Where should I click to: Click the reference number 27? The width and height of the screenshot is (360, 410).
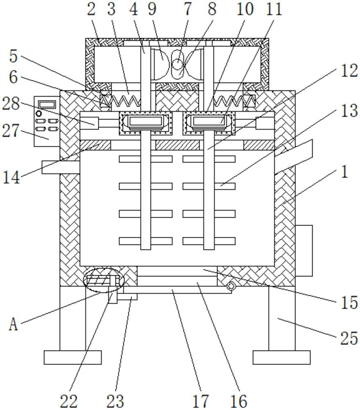(11, 131)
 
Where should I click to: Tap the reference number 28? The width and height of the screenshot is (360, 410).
(11, 104)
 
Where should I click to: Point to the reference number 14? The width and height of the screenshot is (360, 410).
(11, 178)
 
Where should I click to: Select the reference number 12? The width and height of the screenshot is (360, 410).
(349, 71)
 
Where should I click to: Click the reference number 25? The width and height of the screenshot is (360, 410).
(349, 338)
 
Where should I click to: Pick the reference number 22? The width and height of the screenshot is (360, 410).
(69, 401)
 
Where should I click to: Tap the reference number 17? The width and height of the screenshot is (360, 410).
(201, 401)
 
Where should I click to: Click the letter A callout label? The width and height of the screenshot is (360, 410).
(14, 325)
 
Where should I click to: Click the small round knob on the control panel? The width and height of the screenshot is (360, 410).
(39, 114)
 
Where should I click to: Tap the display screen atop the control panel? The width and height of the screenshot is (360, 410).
(47, 105)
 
